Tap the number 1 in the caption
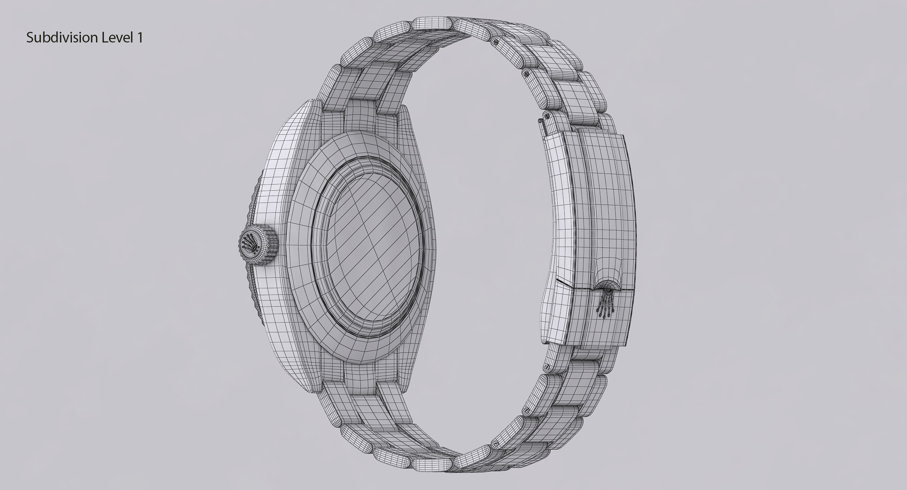point(140,38)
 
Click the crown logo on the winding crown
point(249,244)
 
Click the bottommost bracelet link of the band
point(433,463)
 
